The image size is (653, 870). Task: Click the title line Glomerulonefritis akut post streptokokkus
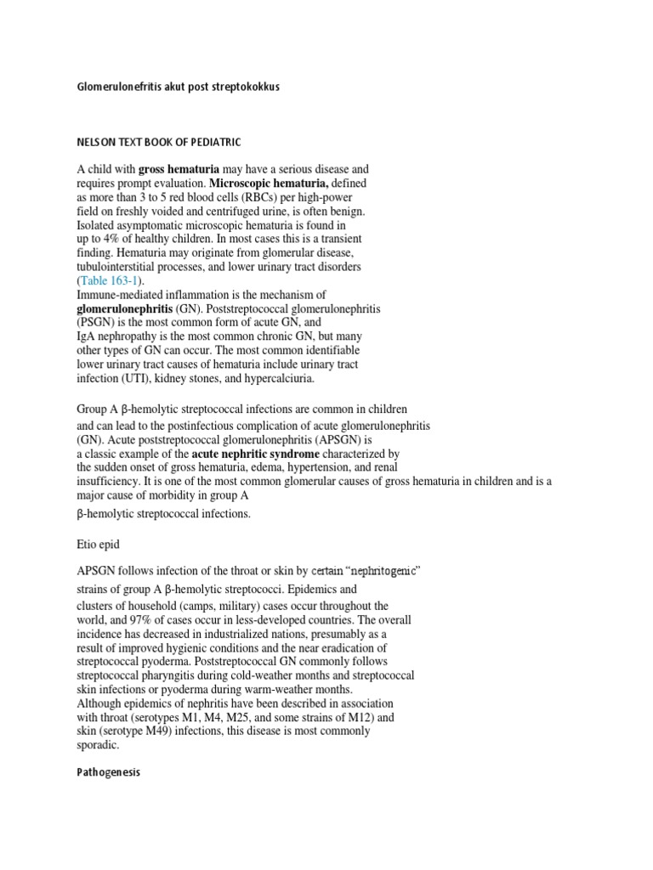point(178,88)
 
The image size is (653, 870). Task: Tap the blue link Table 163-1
point(112,280)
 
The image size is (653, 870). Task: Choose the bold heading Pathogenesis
point(108,772)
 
